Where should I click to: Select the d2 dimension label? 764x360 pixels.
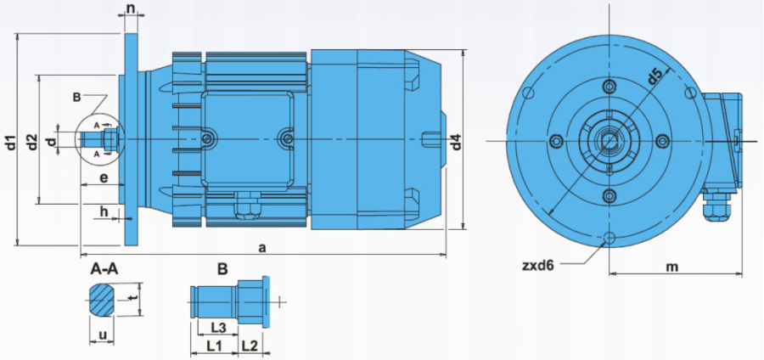click(x=32, y=141)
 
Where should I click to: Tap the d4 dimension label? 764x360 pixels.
click(x=456, y=141)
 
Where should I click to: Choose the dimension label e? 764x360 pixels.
click(x=104, y=178)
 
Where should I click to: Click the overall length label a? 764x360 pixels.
click(x=262, y=248)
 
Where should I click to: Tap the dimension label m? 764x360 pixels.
click(x=673, y=267)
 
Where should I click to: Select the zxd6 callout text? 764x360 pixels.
click(x=538, y=266)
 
